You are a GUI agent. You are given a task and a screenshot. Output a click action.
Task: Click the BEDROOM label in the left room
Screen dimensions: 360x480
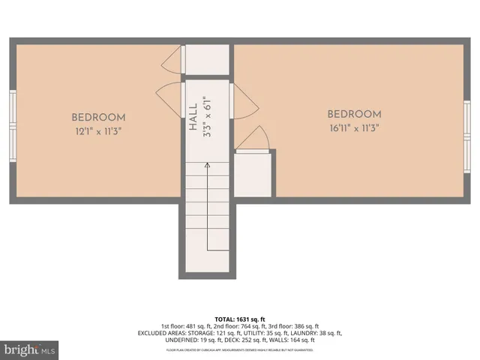(98, 118)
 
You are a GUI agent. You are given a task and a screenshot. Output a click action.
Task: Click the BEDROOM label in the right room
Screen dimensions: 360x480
(354, 115)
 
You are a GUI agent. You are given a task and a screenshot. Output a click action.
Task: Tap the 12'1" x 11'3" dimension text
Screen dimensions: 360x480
(98, 130)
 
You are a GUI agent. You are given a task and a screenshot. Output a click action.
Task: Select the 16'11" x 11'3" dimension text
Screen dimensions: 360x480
(354, 127)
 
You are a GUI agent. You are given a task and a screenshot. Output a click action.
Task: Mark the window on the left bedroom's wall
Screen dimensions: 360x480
(13, 126)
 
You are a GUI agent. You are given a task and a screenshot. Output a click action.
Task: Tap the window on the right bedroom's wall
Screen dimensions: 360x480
(466, 136)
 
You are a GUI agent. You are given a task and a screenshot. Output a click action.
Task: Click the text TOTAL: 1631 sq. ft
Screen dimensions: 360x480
(240, 317)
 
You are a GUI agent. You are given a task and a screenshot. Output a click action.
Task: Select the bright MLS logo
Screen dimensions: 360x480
(30, 349)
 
